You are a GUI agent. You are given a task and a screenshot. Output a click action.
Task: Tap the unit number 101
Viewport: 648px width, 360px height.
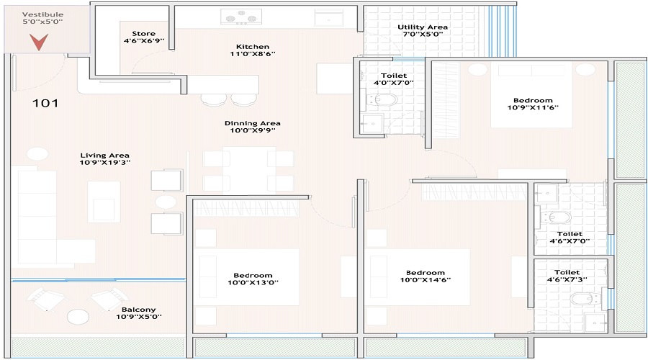pos(45,103)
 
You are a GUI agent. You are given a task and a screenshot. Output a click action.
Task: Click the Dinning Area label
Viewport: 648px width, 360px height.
pos(251,127)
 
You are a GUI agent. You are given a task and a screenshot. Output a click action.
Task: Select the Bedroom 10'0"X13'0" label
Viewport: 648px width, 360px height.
pos(253,279)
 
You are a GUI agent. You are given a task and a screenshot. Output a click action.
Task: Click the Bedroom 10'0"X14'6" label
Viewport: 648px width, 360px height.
pos(425,277)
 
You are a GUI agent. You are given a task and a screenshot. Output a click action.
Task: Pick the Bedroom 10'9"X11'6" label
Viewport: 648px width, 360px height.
pos(533,104)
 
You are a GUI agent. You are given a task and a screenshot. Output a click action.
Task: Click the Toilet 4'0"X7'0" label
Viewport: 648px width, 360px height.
pos(393,79)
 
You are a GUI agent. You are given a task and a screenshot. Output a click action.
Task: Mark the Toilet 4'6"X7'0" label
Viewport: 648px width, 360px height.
pos(570,238)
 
